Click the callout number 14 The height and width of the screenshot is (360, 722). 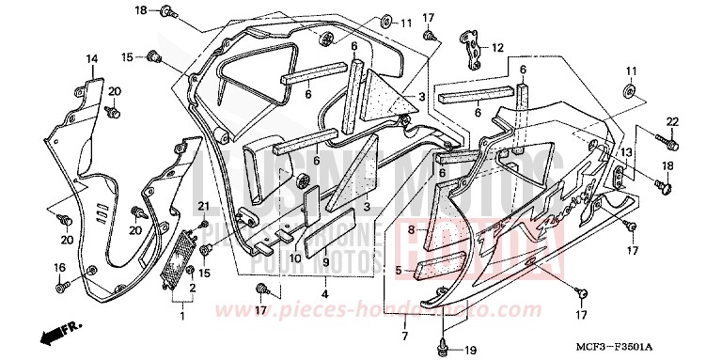(92, 59)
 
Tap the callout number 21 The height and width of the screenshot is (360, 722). (202, 207)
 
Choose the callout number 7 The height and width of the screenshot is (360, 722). (405, 336)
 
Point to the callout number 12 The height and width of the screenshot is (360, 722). (497, 47)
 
